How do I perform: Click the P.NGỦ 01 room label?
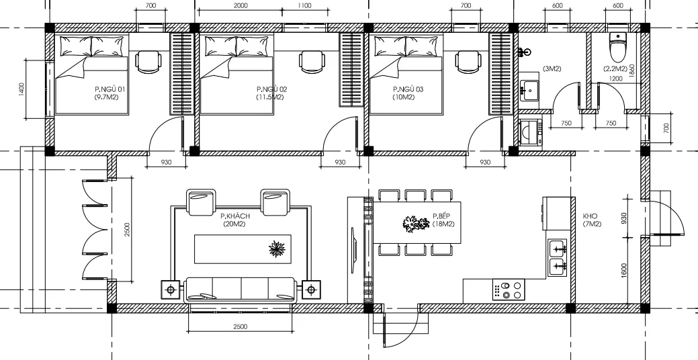pos(113,89)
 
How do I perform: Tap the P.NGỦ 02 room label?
pos(271,89)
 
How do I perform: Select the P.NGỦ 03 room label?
pos(408,89)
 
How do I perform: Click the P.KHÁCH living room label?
pos(234,216)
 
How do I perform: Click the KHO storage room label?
pos(591,216)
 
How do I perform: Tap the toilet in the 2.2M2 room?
pos(617,46)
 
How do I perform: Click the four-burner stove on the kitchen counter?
pos(508,290)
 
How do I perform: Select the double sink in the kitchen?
pos(558,258)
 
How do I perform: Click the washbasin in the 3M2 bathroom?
pos(529,90)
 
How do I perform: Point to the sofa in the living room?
pos(241,289)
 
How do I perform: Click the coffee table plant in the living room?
pos(277,249)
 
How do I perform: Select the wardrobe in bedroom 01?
pos(181,73)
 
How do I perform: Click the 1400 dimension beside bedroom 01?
pos(21,89)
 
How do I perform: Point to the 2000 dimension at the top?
pos(240,5)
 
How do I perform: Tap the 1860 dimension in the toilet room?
pos(633,71)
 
